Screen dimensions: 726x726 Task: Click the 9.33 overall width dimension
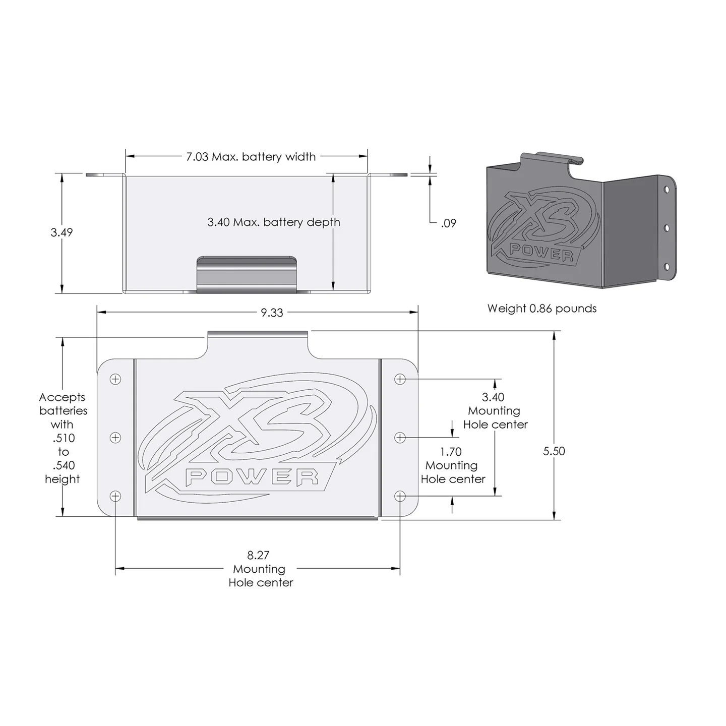pos(272,313)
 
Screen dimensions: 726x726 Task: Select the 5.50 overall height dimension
pos(554,451)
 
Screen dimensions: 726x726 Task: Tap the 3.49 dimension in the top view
pos(62,232)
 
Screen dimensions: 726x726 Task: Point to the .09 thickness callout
pos(448,223)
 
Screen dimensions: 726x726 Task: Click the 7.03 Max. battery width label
pos(251,157)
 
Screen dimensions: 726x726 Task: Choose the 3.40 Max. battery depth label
pos(273,222)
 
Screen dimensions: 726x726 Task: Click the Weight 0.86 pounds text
pos(541,309)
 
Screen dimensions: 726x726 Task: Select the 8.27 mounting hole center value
pos(258,555)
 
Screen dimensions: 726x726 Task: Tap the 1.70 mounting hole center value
pos(451,452)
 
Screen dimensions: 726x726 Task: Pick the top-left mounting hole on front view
pos(115,379)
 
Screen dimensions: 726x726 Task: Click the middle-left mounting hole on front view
pos(115,437)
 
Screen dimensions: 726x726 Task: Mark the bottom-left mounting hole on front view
pos(115,497)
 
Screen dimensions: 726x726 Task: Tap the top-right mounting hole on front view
pos(400,379)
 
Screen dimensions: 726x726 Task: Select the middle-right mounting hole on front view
pos(400,437)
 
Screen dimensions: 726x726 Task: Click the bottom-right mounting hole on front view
pos(400,497)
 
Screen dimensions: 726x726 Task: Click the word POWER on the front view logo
pos(252,477)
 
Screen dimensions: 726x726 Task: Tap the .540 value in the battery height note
pos(63,465)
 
